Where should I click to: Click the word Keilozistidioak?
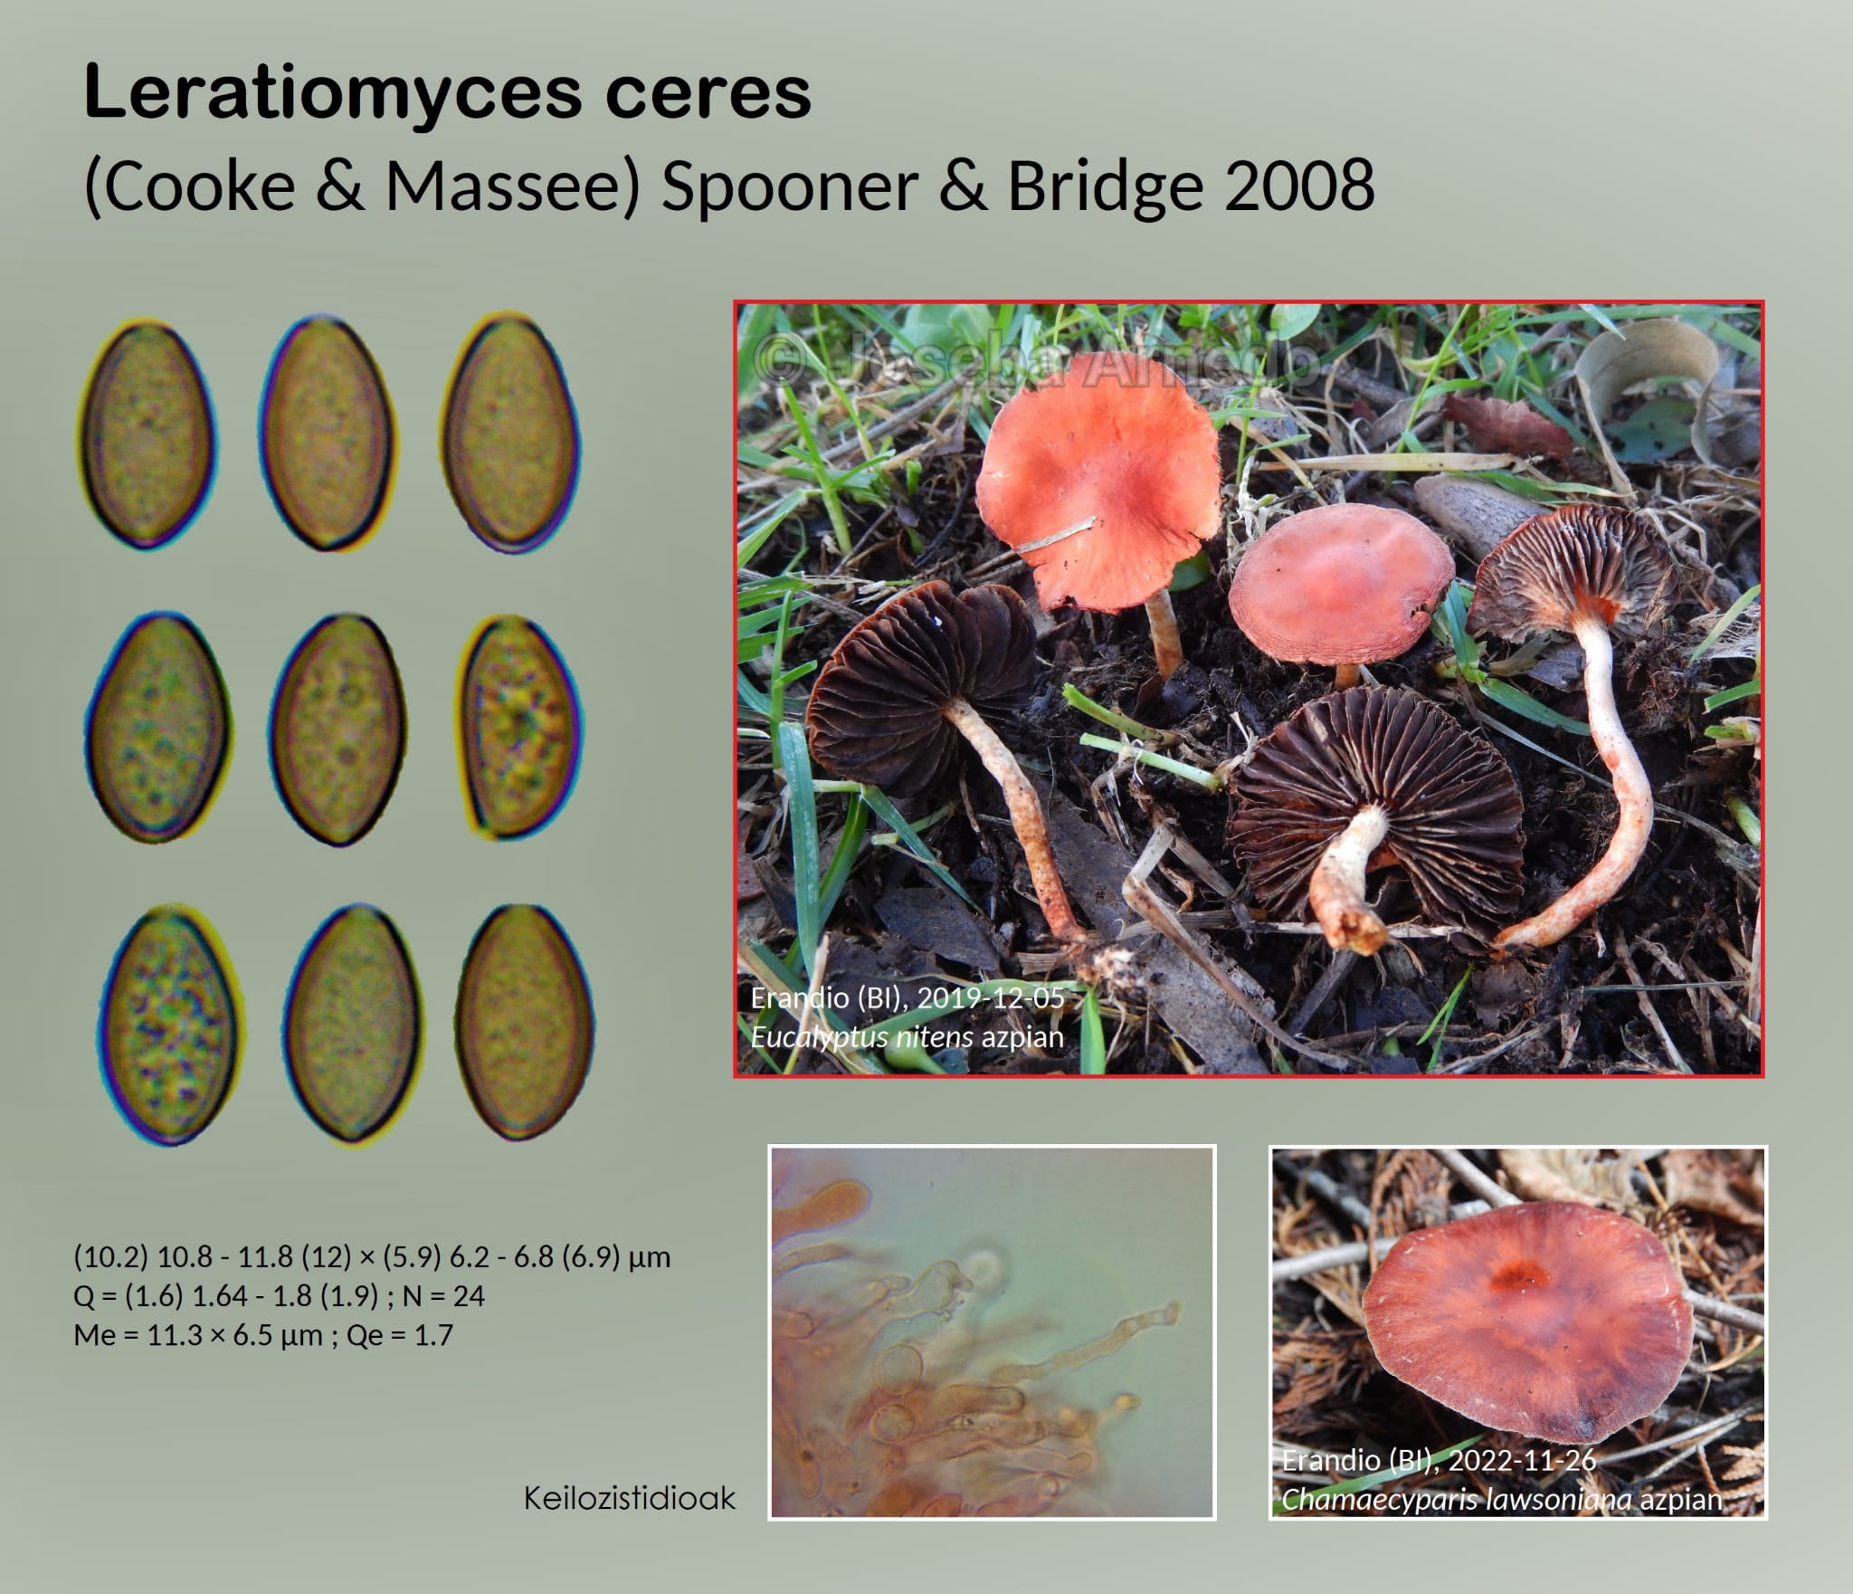point(630,1498)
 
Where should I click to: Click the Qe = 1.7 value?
point(398,1335)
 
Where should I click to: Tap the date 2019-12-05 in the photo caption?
point(990,997)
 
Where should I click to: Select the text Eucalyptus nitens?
point(861,1036)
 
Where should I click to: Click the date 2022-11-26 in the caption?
point(1521,1460)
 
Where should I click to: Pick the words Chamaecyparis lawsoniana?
point(1457,1500)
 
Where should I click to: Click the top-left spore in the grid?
point(146,434)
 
